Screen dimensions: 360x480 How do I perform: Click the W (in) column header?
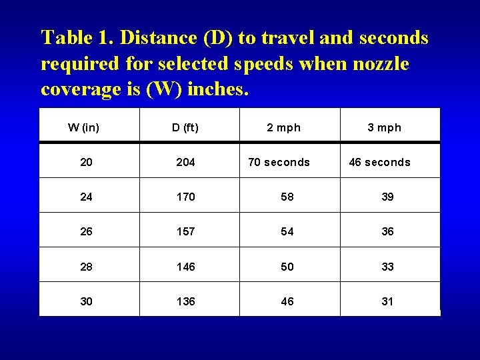point(84,127)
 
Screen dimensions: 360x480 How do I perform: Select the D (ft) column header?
point(185,127)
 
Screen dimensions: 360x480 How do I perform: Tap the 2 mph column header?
point(284,127)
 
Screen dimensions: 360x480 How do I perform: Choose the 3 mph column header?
point(385,127)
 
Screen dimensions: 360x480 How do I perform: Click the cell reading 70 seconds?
point(279,162)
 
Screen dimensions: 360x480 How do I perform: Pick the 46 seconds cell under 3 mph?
point(379,162)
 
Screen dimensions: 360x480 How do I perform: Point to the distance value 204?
point(185,162)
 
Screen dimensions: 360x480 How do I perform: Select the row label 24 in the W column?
point(87,197)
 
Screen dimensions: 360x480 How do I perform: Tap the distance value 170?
point(185,197)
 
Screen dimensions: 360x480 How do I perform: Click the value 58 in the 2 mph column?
point(287,197)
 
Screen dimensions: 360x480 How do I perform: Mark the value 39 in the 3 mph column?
point(387,197)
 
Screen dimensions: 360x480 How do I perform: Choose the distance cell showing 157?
point(185,231)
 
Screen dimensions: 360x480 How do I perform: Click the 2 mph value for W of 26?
point(287,231)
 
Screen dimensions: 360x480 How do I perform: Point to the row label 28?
point(87,267)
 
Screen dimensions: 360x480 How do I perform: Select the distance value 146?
point(185,267)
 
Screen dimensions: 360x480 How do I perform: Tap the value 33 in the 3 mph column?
point(387,267)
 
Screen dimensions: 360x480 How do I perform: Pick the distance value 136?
point(185,301)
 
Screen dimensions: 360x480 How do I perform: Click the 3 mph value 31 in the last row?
point(387,301)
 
